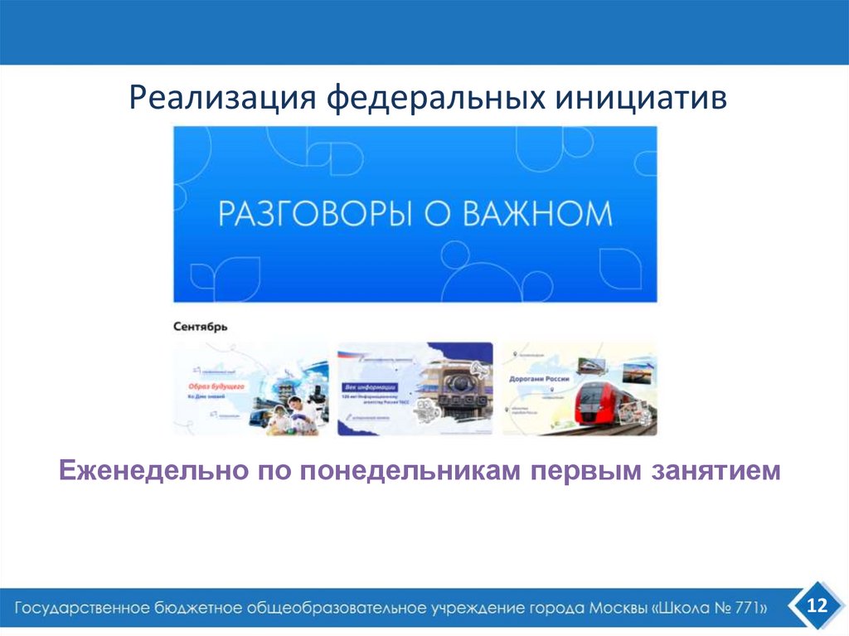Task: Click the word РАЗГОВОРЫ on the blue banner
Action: [316, 214]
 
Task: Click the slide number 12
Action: [817, 607]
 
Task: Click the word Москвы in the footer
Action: [619, 608]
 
